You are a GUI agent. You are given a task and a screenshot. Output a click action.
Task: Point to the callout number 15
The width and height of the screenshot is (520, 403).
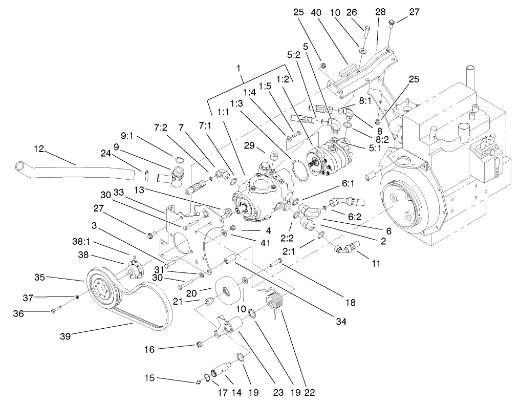(149, 378)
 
